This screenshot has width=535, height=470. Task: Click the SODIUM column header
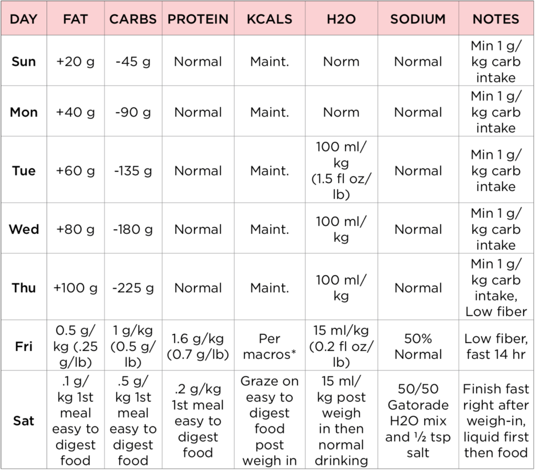(x=418, y=19)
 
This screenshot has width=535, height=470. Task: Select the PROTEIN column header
(x=198, y=19)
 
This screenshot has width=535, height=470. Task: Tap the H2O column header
(x=341, y=19)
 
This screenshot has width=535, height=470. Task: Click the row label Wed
(x=24, y=229)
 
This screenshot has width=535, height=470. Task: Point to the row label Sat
(x=24, y=420)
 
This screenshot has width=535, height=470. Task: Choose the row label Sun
(x=24, y=62)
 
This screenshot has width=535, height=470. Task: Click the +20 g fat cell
(x=76, y=62)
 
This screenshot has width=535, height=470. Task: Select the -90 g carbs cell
(x=133, y=112)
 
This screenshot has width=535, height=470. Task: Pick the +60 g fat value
(x=76, y=171)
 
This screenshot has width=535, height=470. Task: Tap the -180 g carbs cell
(x=133, y=229)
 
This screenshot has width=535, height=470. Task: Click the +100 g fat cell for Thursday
(x=76, y=288)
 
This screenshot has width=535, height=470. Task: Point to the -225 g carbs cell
(x=133, y=288)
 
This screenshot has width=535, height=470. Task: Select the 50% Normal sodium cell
(x=418, y=346)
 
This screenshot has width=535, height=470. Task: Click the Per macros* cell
(x=270, y=346)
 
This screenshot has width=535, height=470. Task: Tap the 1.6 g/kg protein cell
(x=198, y=346)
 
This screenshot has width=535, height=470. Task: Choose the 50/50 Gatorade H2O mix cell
(x=418, y=421)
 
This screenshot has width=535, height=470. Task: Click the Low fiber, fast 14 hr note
(x=496, y=346)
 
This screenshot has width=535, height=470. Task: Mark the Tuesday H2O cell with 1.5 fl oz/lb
(x=341, y=171)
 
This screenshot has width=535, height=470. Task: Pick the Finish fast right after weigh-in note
(x=496, y=421)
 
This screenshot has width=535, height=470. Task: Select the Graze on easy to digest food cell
(x=270, y=421)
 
